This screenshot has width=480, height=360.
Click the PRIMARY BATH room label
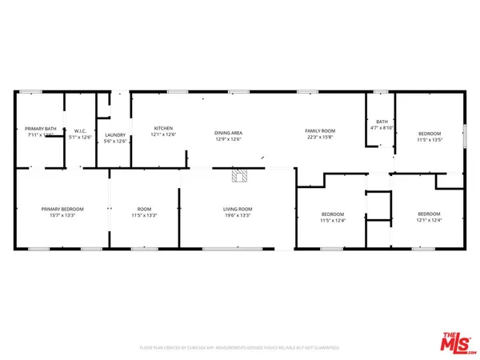click(40, 129)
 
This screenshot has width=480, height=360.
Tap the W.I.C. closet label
click(80, 130)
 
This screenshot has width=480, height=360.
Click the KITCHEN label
click(163, 129)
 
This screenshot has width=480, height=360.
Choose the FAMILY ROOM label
click(318, 130)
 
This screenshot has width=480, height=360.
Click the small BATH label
click(381, 122)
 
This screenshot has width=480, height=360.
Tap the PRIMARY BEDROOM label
click(62, 209)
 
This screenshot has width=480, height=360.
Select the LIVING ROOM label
click(238, 209)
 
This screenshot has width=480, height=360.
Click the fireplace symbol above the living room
click(238, 175)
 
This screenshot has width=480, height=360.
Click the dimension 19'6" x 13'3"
click(238, 216)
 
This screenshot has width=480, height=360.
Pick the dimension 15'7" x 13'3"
click(62, 216)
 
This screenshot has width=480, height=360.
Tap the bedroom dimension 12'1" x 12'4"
click(429, 220)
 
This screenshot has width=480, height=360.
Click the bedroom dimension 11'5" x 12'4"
click(333, 220)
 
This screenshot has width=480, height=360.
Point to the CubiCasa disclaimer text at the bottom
click(239, 348)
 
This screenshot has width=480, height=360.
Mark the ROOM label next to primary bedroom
click(144, 209)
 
